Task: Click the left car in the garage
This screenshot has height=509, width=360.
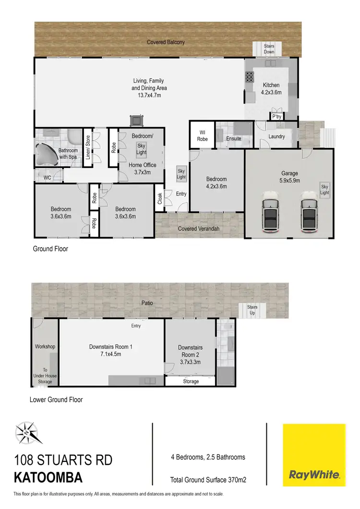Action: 272,211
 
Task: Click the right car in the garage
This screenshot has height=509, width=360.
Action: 310,211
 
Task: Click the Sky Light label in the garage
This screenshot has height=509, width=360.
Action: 325,189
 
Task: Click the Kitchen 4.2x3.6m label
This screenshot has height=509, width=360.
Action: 271,88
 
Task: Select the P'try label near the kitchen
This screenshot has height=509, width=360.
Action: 276,117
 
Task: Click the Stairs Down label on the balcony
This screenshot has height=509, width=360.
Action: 269,48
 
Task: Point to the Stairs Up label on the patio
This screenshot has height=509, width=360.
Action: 252,310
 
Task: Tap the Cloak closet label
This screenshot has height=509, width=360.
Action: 160,199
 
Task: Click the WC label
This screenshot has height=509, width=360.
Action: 48,178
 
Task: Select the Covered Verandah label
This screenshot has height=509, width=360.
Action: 198,229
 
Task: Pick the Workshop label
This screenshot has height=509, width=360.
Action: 45,346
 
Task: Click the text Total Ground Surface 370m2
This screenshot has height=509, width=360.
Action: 208,480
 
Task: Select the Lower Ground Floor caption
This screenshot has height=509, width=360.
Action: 56,400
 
